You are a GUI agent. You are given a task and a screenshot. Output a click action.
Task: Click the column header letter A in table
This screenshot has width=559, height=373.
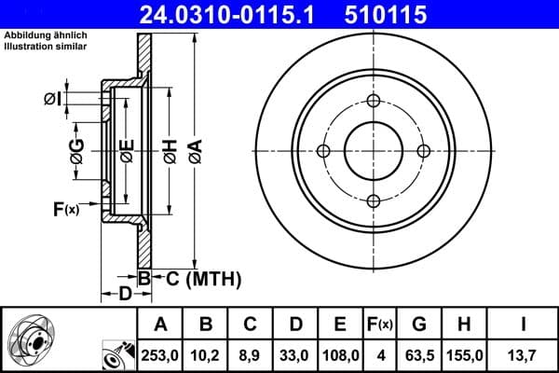[x=160, y=325]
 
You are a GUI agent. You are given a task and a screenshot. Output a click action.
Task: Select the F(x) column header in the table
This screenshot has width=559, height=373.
[x=380, y=325]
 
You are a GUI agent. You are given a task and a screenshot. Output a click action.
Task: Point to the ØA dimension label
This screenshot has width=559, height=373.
[x=195, y=150]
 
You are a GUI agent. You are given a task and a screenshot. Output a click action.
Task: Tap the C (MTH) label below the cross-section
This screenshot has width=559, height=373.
[x=203, y=278]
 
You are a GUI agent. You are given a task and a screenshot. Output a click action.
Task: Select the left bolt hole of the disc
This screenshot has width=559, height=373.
[x=324, y=152]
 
